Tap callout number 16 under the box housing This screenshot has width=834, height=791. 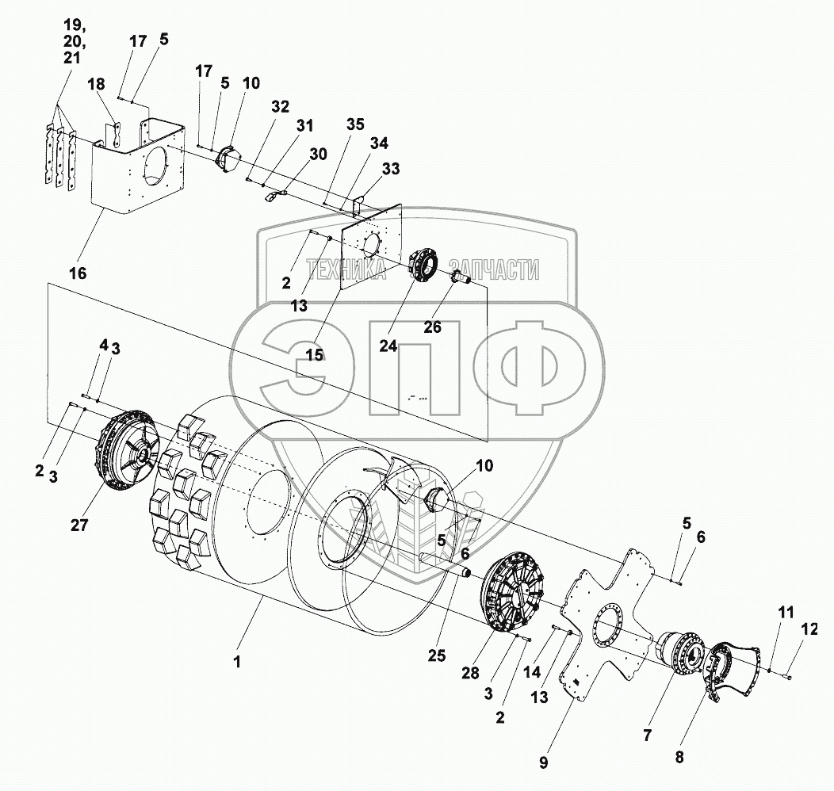(78, 273)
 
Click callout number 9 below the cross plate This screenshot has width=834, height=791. (543, 762)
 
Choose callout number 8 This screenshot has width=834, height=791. (679, 758)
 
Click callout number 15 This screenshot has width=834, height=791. (315, 355)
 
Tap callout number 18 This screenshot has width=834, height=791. (96, 86)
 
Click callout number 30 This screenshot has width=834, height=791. (318, 155)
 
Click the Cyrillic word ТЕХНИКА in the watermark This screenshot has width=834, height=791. (346, 270)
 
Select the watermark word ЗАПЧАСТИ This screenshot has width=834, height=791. (494, 270)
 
